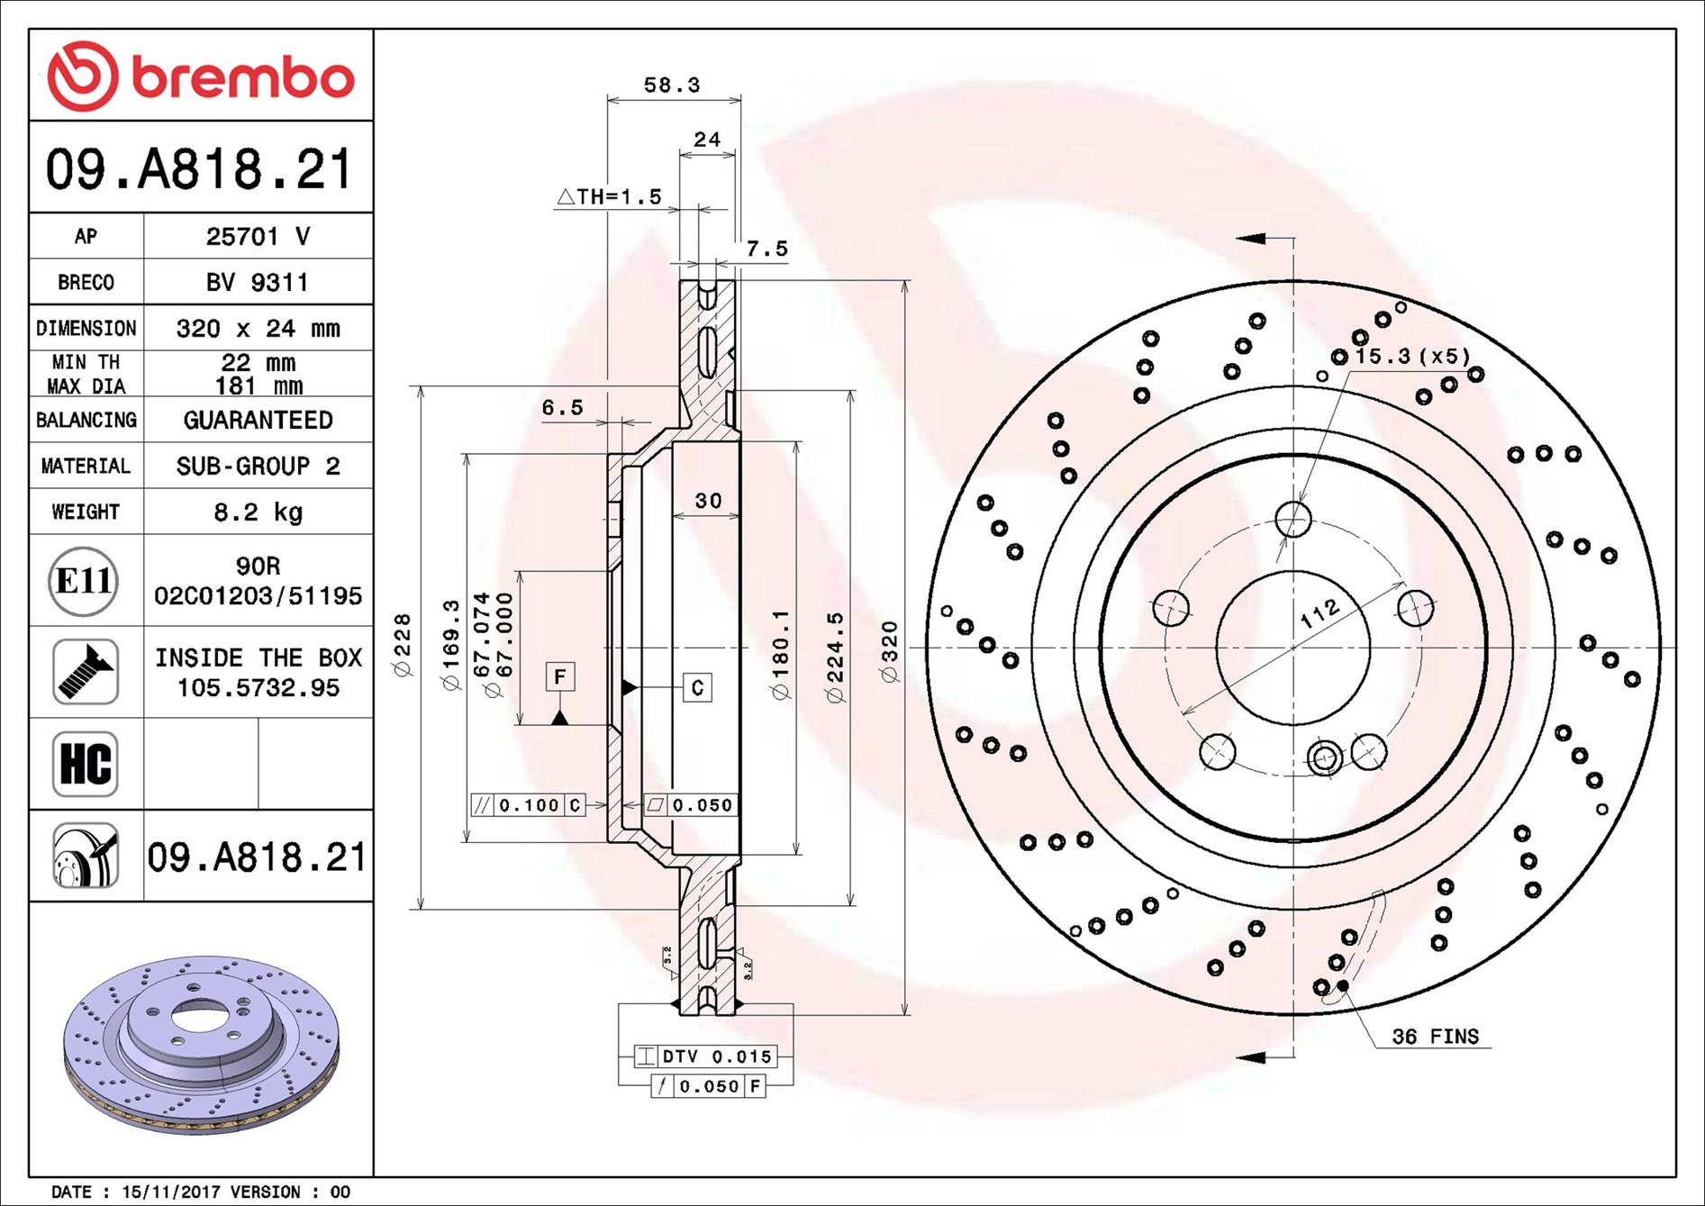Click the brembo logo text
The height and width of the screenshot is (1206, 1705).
[x=243, y=77]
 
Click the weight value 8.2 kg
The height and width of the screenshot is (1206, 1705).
[x=258, y=512]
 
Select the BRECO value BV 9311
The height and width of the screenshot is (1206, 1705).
[x=258, y=283]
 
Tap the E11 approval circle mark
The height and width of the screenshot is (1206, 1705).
[x=84, y=581]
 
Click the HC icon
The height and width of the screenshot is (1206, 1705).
[x=86, y=764]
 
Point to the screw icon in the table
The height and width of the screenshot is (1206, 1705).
[x=86, y=672]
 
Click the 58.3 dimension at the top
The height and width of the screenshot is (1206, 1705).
[x=671, y=86]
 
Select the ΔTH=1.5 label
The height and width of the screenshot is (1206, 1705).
[x=610, y=196]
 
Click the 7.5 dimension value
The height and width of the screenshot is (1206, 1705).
[x=766, y=249]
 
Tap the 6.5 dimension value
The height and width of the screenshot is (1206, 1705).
[x=562, y=408]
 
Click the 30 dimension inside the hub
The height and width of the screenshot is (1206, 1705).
[x=708, y=501]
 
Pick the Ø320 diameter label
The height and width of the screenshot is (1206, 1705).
[x=890, y=651]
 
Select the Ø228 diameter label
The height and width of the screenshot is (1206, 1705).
[x=403, y=644]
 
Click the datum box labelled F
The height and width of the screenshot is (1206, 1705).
[x=560, y=676]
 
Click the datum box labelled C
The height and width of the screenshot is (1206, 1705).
[x=697, y=688]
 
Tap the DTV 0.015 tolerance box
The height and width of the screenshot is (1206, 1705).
[x=705, y=1056]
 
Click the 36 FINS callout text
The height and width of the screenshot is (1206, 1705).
[x=1435, y=1037]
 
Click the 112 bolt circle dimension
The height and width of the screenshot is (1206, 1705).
[x=1320, y=613]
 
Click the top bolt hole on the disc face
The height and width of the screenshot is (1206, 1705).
[x=1293, y=519]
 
